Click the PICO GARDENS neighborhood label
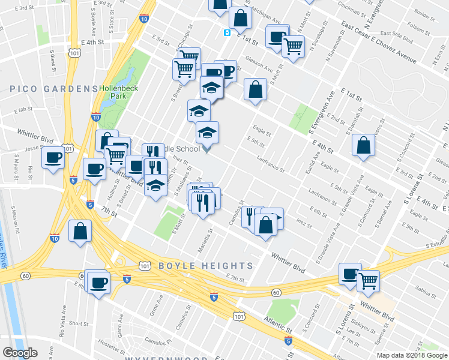point(53,88)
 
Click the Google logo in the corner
point(19,353)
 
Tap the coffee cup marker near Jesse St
point(53,158)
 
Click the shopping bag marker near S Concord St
point(363,146)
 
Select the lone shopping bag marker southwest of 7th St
point(80,232)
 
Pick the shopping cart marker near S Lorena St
point(368,280)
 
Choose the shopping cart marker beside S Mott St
point(293,46)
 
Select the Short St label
point(79,323)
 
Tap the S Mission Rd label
point(16,220)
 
